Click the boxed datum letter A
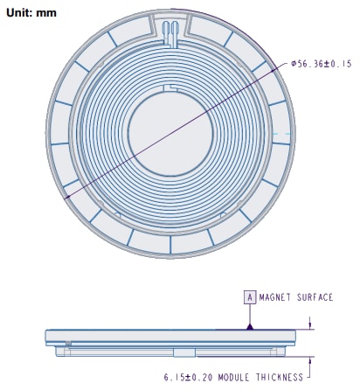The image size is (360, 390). coord(249,297)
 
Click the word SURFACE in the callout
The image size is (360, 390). coord(316,297)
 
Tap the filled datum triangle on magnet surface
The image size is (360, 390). coord(249,325)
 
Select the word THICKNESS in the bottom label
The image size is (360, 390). coord(281,378)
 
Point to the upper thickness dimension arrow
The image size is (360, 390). coord(311,324)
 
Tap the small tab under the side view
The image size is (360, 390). coord(183,352)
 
